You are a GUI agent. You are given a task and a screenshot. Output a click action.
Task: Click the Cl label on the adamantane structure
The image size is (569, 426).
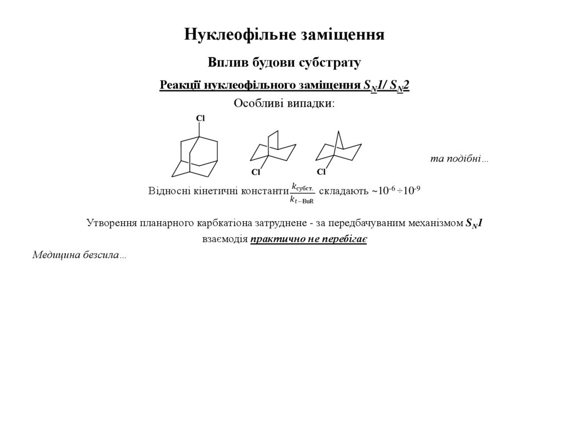(x=201, y=118)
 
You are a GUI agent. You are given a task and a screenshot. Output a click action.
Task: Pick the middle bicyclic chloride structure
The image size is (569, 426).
(x=272, y=150)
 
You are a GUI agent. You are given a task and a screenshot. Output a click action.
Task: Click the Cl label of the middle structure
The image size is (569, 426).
(x=256, y=172)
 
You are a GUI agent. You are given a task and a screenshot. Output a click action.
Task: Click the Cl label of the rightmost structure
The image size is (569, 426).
(x=321, y=172)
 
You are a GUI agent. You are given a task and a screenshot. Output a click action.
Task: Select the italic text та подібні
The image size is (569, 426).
(x=459, y=159)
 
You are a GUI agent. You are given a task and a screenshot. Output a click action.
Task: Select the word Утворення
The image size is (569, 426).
(x=111, y=223)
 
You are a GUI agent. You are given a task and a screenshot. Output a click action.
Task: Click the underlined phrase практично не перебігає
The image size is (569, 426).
(x=308, y=240)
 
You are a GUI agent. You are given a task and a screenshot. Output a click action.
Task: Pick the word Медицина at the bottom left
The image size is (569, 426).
(x=56, y=255)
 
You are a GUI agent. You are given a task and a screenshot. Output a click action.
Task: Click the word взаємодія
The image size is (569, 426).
(x=224, y=240)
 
